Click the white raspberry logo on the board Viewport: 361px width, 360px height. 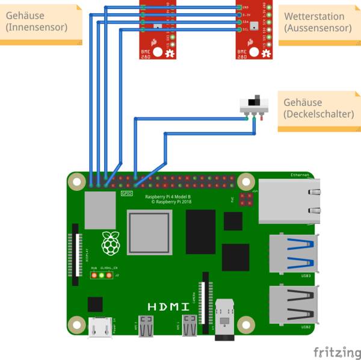(110, 243)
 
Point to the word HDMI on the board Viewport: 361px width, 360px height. (164, 306)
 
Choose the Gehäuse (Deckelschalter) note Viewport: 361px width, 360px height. (318, 108)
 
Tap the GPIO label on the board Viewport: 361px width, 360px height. (127, 193)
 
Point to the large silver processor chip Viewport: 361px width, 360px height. (149, 232)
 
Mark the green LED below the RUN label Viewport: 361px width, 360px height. (94, 275)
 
